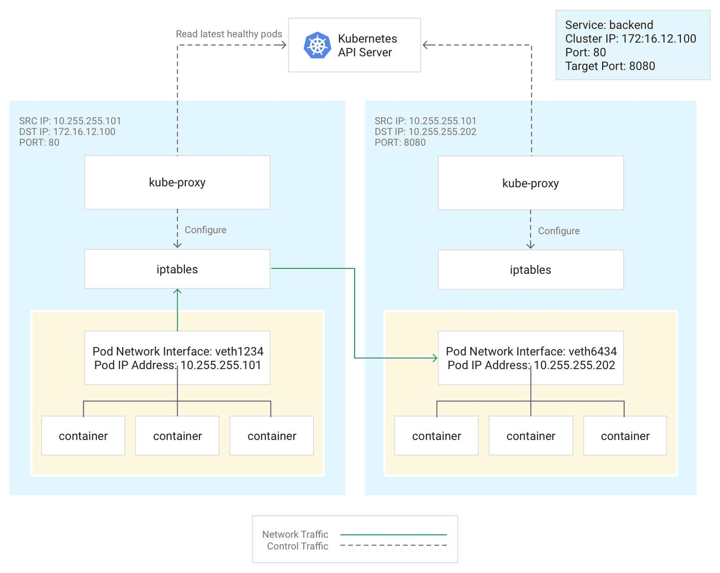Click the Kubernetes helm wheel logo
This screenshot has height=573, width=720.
[x=317, y=45]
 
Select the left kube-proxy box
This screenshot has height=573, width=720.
[x=177, y=182]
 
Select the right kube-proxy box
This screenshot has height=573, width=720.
[x=530, y=183]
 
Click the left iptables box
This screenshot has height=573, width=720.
[x=177, y=269]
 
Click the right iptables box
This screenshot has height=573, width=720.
[x=530, y=269]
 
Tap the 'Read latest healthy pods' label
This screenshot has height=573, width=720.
[x=229, y=34]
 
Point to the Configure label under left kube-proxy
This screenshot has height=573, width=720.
[x=205, y=230]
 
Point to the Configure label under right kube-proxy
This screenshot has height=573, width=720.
[x=559, y=231]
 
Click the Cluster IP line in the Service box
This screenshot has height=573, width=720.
[x=631, y=39]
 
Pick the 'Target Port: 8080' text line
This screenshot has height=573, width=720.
[x=610, y=66]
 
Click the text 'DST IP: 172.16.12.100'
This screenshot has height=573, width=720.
[x=67, y=132]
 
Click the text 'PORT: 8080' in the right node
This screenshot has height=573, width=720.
[x=400, y=142]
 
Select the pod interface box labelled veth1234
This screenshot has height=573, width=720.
[x=177, y=358]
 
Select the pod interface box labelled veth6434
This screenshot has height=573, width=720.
[x=530, y=358]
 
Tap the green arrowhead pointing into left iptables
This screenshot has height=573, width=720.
[x=177, y=291]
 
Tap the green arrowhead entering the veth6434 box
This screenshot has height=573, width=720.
[x=435, y=358]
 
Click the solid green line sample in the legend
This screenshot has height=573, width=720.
[x=393, y=534]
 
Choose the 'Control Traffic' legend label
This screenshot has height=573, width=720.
[x=297, y=546]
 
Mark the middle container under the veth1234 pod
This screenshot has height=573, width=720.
[x=177, y=436]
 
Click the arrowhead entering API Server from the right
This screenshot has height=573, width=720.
[x=426, y=45]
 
